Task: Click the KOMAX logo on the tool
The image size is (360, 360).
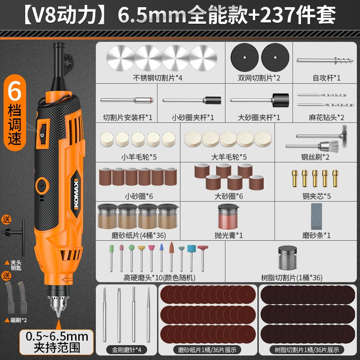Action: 76,194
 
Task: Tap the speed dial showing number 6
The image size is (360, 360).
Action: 42,134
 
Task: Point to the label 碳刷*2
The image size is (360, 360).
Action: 19,320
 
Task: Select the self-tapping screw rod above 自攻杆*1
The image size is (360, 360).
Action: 324,61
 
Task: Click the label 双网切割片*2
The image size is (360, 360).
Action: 259,78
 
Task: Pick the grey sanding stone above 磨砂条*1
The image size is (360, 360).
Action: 316,216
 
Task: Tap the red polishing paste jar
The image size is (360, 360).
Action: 228,216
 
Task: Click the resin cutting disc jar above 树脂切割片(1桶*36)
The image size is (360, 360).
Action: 288,257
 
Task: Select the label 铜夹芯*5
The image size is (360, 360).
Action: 317,196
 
